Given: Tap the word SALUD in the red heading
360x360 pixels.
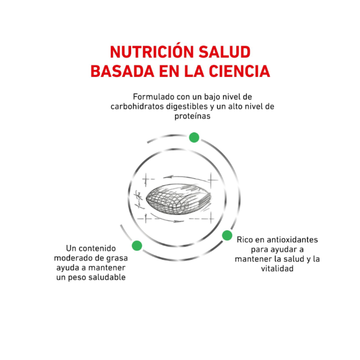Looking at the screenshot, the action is pos(224,52).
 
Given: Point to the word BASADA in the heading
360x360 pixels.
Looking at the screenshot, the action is pos(122,71).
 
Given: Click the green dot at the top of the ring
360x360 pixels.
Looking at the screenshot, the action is pos(194,138).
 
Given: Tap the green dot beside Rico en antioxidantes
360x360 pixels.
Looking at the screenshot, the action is pos(227,235).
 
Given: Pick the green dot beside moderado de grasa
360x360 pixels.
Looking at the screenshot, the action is pos(137,246).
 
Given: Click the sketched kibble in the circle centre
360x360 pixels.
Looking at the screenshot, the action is pos(179,199).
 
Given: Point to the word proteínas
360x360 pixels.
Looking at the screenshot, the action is pos(192,116).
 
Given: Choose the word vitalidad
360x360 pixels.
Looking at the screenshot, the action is pos(277,269).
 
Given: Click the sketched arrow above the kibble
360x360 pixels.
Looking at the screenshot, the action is pos(186,178).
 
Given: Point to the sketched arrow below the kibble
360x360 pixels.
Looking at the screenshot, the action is pos(168,219).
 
